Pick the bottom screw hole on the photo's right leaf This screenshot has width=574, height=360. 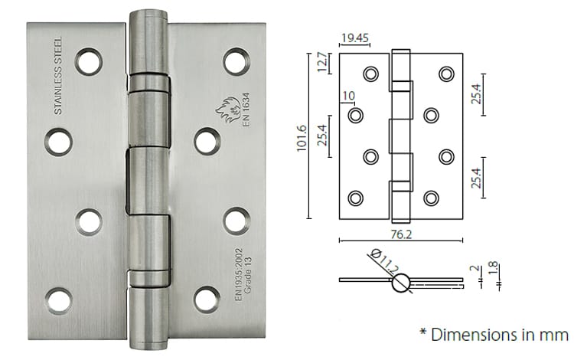207,298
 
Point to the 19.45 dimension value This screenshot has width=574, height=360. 353,37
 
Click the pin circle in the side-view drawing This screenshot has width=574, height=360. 402,283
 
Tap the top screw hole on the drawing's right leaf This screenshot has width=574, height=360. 445,74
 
